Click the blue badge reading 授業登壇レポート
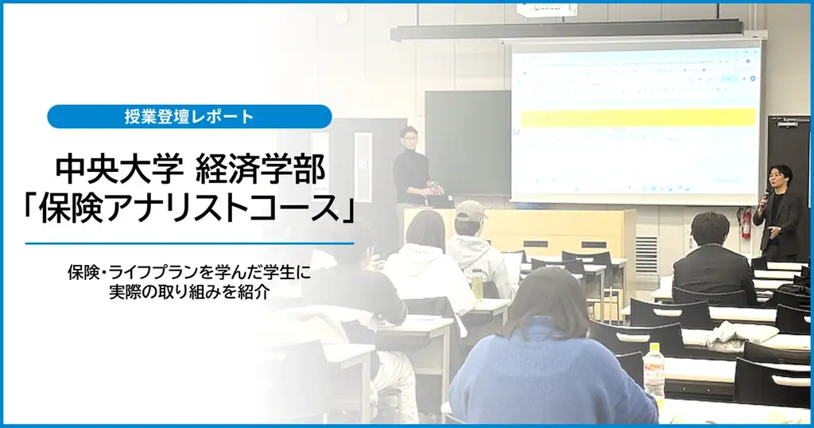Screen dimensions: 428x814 189,117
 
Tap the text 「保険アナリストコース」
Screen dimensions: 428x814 189,208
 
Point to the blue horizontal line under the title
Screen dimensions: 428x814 189,243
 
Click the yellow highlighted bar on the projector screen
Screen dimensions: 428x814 637,117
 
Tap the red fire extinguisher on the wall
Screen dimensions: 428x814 745,222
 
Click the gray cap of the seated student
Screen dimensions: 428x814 470,211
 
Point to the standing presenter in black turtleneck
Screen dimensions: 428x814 412,167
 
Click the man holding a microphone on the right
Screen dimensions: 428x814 777,211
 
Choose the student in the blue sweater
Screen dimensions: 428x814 541,358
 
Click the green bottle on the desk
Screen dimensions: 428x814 477,284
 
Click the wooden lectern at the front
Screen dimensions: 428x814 556,231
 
